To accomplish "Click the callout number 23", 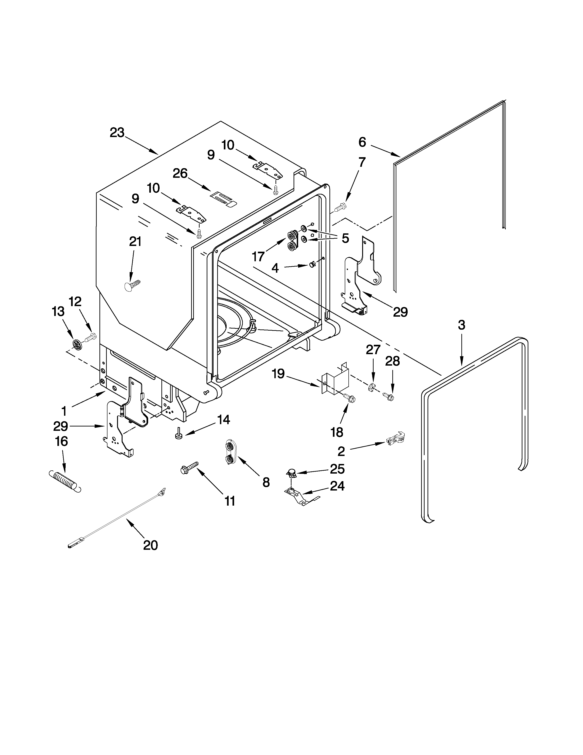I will coord(117,133).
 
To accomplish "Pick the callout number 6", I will coord(362,142).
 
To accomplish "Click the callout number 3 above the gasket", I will coord(461,325).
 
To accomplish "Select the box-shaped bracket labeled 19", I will coord(334,381).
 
